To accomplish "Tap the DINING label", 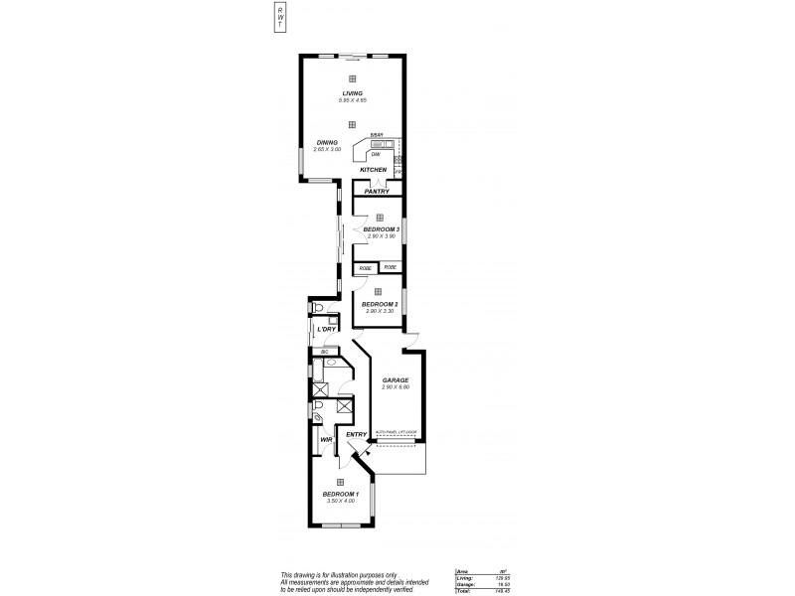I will pos(327,142).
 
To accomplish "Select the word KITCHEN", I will pos(373,170).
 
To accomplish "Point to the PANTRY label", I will pos(378,191).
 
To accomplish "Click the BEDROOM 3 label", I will pos(381,229).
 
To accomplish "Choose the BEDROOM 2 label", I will pos(380,304).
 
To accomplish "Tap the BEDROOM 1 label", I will pos(340,494).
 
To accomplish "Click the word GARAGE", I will pos(396,379).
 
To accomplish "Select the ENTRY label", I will pos(356,434).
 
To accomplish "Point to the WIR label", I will pos(325,439).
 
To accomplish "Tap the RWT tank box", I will pos(281,16).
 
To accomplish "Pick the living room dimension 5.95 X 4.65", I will pos(352,101).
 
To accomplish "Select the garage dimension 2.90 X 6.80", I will pos(396,386).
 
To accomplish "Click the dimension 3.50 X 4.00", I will pos(340,501).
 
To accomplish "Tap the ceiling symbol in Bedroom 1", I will pos(340,481).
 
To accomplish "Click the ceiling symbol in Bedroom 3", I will pos(379,217).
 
